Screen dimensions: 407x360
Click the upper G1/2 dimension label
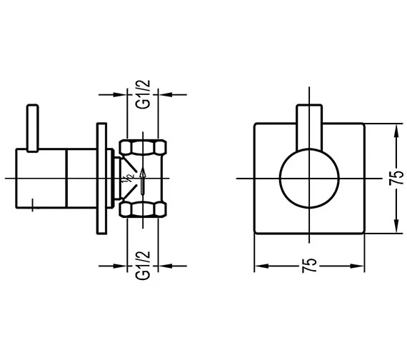pyautogui.click(x=143, y=94)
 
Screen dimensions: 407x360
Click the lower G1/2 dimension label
pyautogui.click(x=143, y=266)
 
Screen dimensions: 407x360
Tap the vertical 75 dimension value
pyautogui.click(x=396, y=178)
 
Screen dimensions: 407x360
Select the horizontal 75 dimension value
pyautogui.click(x=310, y=266)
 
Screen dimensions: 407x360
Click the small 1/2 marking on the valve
pyautogui.click(x=129, y=179)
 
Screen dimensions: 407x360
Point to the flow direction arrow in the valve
pyautogui.click(x=143, y=181)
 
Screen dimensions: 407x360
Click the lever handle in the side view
pyautogui.click(x=33, y=128)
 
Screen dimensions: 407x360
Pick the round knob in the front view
pyautogui.click(x=309, y=179)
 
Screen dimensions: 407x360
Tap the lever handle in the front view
pyautogui.click(x=309, y=127)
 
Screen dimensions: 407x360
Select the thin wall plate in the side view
pyautogui.click(x=101, y=179)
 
